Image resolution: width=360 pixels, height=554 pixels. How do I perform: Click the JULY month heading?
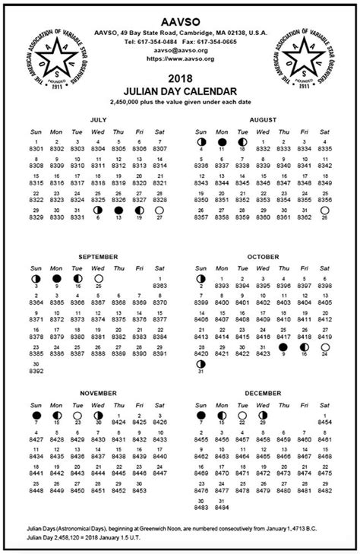click(x=98, y=120)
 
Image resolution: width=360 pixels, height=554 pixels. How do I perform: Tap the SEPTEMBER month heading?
click(x=98, y=257)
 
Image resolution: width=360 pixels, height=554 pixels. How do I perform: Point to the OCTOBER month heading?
click(x=264, y=257)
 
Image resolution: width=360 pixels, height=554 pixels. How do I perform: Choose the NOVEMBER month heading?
click(x=98, y=394)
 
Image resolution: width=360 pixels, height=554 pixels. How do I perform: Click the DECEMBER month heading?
click(x=264, y=394)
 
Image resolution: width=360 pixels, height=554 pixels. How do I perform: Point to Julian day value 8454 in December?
click(x=325, y=423)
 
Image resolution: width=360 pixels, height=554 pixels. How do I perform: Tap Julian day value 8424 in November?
click(x=119, y=423)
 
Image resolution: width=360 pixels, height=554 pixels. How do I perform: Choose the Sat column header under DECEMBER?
click(x=325, y=405)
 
